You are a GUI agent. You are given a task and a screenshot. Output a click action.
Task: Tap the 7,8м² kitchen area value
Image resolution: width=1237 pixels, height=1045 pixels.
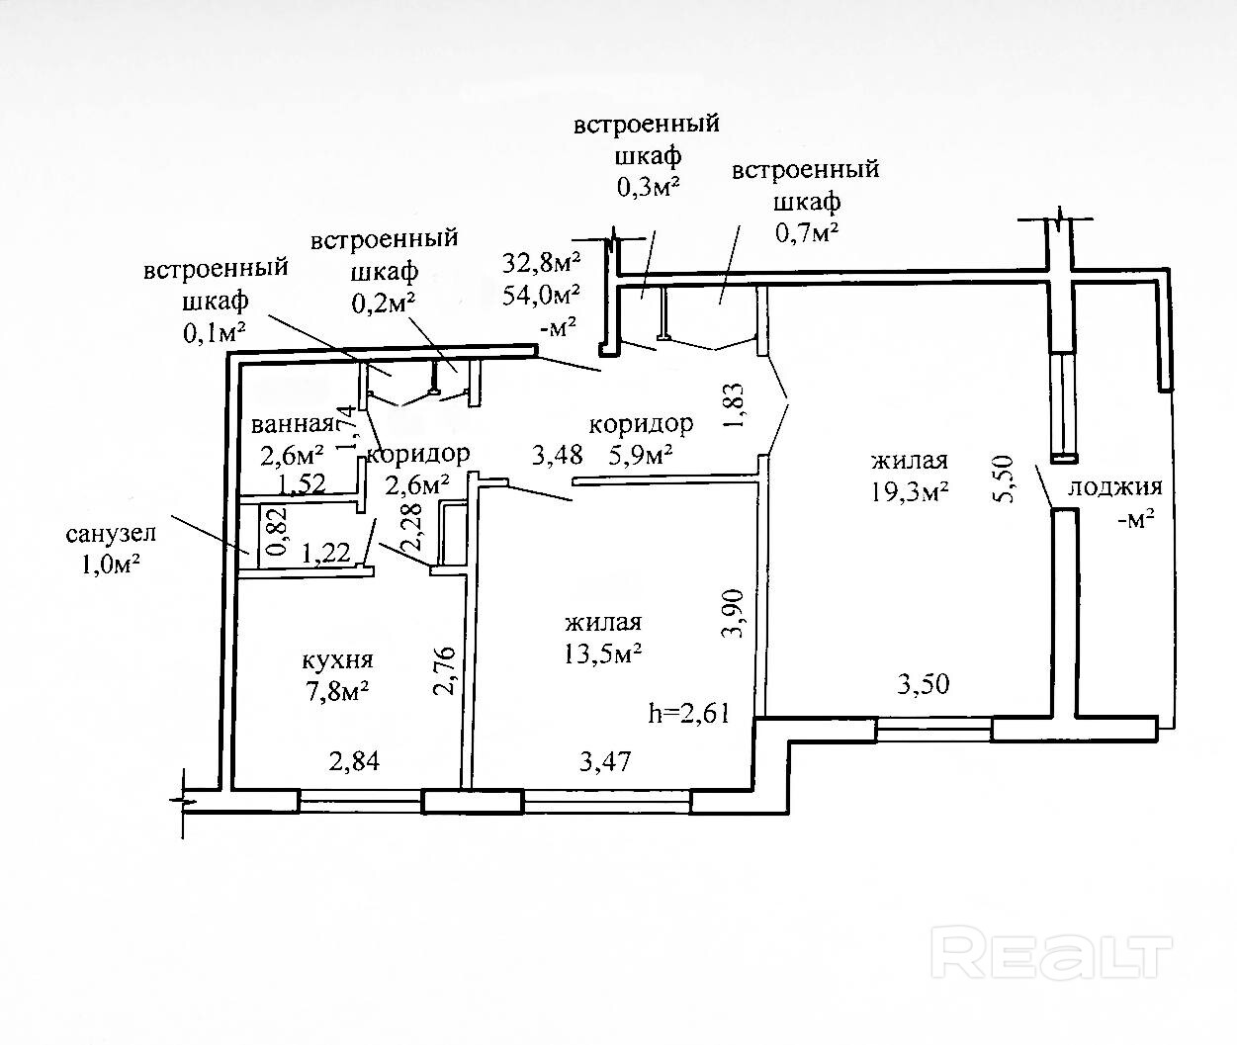coord(337,691)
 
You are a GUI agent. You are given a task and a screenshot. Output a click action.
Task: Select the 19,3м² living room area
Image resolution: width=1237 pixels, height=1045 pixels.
coord(910,491)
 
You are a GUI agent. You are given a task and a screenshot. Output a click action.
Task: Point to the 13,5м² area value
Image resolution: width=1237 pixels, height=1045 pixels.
coord(604,653)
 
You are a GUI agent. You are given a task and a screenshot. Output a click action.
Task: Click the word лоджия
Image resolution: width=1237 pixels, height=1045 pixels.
coord(1114,486)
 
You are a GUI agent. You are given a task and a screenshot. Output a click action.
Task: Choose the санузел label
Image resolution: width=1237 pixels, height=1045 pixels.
coord(111,535)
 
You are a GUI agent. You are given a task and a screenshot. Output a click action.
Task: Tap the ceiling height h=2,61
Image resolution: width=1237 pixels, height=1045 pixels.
coord(688,712)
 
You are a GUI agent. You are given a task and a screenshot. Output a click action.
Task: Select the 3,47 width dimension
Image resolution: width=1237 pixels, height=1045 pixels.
coord(604,760)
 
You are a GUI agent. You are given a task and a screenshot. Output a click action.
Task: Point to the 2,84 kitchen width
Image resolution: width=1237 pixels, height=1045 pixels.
coord(353,760)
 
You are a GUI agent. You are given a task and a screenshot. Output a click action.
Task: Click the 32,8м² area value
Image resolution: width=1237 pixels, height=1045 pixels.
coord(541,262)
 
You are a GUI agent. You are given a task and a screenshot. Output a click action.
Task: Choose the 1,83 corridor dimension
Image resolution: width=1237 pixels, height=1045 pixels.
coord(734,406)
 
